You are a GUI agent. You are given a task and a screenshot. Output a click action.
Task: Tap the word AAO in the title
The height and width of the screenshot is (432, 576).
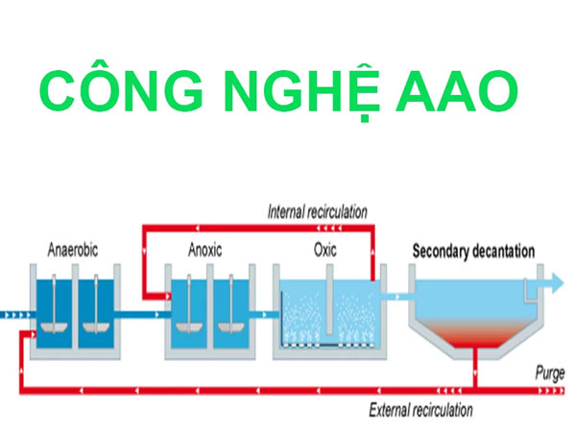457,91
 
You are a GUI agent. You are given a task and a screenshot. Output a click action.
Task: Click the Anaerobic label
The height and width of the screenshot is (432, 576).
73,250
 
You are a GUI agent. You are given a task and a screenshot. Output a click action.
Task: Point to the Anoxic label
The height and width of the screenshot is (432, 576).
205,250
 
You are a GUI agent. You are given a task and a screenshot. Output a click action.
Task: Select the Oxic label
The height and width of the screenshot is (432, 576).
325,250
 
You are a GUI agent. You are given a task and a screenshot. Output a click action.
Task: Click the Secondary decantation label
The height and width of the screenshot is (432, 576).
473,252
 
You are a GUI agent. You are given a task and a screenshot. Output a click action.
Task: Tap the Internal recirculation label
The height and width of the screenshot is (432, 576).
318,212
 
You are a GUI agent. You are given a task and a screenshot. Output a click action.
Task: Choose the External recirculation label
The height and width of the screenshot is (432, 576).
421,410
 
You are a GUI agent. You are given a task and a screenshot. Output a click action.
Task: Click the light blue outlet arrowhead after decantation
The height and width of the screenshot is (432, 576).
557,283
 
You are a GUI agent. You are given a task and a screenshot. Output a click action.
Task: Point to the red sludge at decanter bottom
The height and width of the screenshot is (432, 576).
476,333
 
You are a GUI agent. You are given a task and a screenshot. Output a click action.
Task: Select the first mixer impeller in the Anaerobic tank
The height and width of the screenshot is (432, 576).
54,327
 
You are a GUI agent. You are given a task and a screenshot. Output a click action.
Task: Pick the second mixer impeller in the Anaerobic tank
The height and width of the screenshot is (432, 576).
96,327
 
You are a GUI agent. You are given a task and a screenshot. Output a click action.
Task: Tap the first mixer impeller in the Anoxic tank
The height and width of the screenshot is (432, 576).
189,327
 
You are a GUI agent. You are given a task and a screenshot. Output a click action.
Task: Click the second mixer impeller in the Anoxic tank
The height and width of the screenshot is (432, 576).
231,327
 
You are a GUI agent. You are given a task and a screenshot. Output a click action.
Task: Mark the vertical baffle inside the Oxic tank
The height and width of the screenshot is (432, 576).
329,300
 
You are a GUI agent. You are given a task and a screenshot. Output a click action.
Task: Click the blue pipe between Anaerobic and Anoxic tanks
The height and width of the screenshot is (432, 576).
142,315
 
